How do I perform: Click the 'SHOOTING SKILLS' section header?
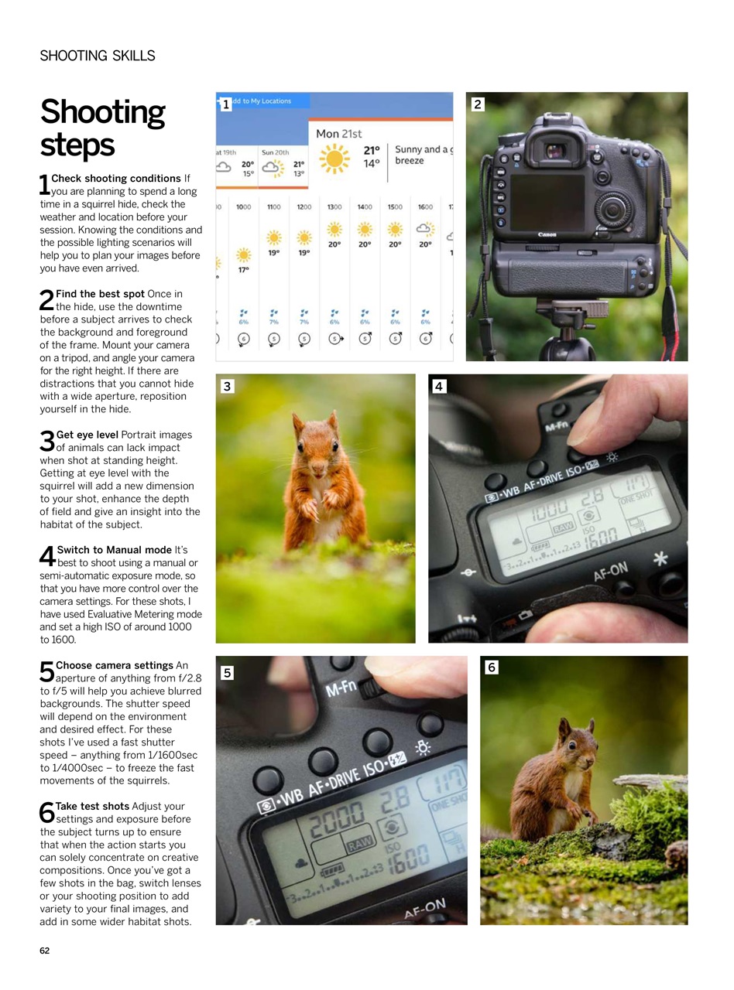[x=98, y=56]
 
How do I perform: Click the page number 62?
[x=45, y=951]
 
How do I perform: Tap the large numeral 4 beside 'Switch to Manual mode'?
[x=47, y=556]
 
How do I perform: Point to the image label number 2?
[x=478, y=104]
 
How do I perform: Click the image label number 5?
[x=227, y=673]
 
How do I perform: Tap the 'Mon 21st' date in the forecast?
[x=338, y=134]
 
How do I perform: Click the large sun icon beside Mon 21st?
[x=334, y=159]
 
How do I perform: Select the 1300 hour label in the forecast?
[x=334, y=207]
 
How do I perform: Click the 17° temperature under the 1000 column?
[x=243, y=270]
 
